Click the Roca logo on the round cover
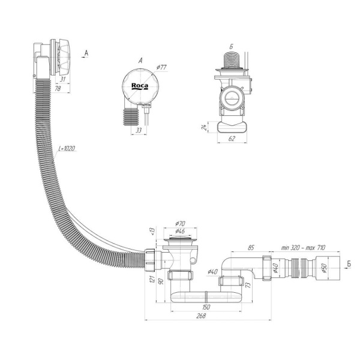click(140, 86)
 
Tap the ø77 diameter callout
click(160, 67)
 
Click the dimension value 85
click(251, 247)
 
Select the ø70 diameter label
click(179, 224)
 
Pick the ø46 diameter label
click(179, 231)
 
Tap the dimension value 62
click(232, 138)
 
